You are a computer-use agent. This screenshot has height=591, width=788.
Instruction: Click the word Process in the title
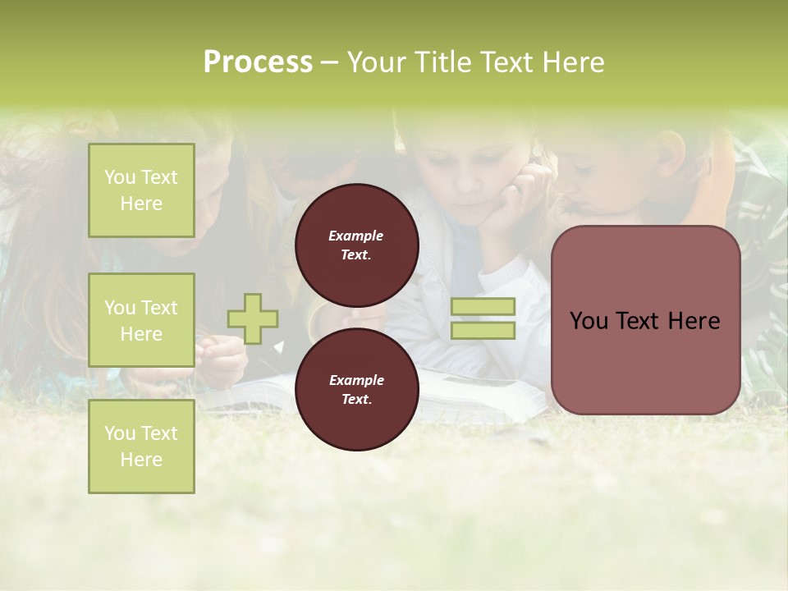[x=258, y=62]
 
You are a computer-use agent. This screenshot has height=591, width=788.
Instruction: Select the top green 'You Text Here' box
[x=141, y=190]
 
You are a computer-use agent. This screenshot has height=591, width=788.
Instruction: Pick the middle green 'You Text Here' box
[x=141, y=320]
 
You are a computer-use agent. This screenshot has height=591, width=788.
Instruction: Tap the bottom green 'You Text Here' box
[x=141, y=446]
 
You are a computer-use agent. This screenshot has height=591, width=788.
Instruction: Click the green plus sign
[x=253, y=318]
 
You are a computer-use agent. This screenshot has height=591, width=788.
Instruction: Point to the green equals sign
[x=483, y=318]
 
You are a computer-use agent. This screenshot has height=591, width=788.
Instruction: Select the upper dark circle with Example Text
[x=356, y=245]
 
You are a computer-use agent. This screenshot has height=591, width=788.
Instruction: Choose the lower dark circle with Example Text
[x=356, y=389]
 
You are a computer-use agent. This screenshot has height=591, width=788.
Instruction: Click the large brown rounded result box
[x=645, y=320]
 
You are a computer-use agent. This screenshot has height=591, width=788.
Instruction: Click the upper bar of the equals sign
[x=483, y=307]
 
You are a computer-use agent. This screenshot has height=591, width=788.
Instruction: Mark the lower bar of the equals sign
[x=483, y=331]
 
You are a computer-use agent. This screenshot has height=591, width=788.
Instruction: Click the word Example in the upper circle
[x=356, y=236]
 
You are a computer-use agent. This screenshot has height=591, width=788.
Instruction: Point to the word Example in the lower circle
[x=356, y=380]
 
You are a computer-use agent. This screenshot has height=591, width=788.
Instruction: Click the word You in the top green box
[x=119, y=177]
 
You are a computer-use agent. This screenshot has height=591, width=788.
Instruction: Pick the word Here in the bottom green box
[x=141, y=460]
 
